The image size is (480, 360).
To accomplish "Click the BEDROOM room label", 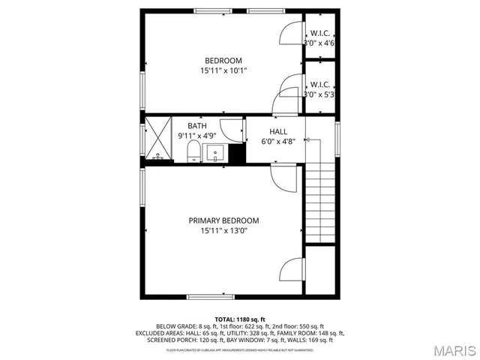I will [223, 61].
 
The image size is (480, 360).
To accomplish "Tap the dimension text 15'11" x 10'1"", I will [223, 70].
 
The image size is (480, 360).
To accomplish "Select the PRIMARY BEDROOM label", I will [223, 220].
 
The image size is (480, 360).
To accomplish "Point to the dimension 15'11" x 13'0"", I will [223, 231].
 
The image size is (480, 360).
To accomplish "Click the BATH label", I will [196, 126].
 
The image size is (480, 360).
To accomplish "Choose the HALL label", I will [278, 131].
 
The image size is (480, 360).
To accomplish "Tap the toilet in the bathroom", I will [193, 154].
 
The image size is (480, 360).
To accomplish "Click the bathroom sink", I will [216, 154].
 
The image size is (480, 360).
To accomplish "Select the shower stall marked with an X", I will [157, 139].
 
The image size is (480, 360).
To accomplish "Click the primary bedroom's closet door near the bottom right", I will [291, 270].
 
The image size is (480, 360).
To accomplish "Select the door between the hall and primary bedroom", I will [282, 178].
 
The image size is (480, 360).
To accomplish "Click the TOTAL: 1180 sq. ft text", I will [240, 319].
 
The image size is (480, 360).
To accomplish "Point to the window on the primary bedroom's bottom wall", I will [208, 297].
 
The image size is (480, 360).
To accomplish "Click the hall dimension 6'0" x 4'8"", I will [278, 141].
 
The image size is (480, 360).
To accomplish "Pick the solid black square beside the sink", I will [237, 154].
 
